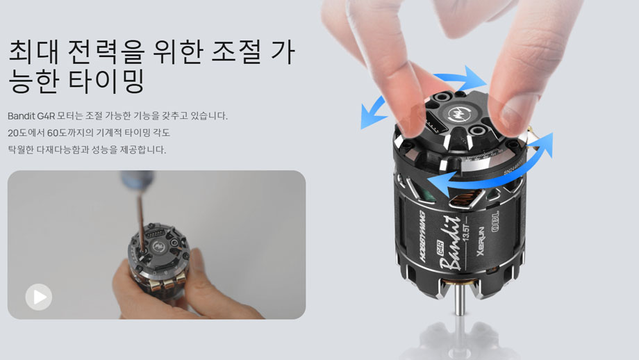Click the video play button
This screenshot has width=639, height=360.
[x=39, y=297]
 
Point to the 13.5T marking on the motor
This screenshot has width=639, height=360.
[x=467, y=231]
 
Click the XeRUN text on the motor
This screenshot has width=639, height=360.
[x=481, y=241]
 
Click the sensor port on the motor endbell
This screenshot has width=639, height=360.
[x=437, y=124]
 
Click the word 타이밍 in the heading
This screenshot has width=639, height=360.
[x=106, y=81]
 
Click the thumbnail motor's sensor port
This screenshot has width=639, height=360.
[x=156, y=235]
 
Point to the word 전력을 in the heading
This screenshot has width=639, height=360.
[x=106, y=51]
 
